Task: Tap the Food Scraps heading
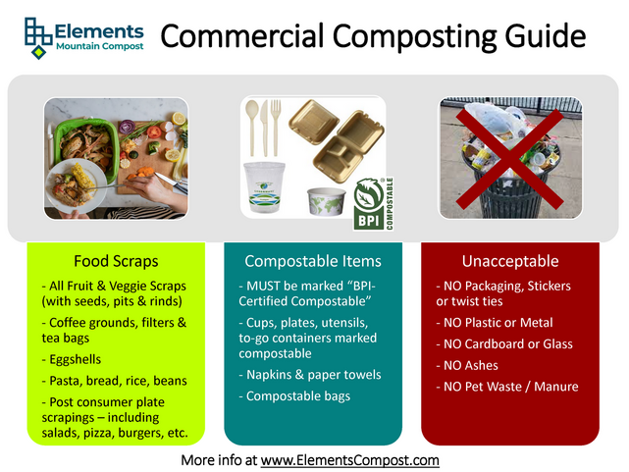click(116, 261)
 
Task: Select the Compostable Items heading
click(313, 261)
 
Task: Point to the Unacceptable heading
click(509, 261)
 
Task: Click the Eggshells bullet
click(76, 359)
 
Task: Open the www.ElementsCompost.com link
click(349, 459)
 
